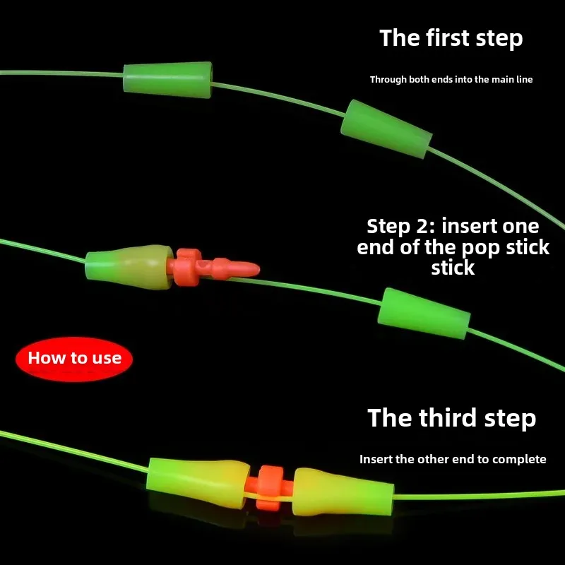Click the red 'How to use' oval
pos(74,359)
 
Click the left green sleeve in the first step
pos(167,80)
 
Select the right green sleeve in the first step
pos(386,129)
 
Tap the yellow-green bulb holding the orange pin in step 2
pos(129,267)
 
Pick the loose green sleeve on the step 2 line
pos(424,313)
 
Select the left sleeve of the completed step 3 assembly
pos(198,482)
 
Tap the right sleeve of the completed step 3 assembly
pos(343,492)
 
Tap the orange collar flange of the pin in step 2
pos(188,267)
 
